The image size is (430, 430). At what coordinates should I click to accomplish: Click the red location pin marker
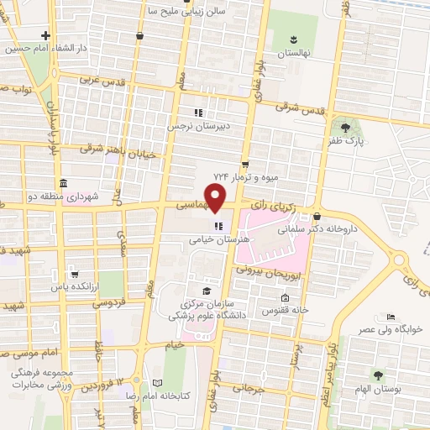[x=216, y=199]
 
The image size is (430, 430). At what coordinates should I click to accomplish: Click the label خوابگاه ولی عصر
[x=391, y=329]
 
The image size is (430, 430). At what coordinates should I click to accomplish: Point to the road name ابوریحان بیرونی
[x=263, y=270]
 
